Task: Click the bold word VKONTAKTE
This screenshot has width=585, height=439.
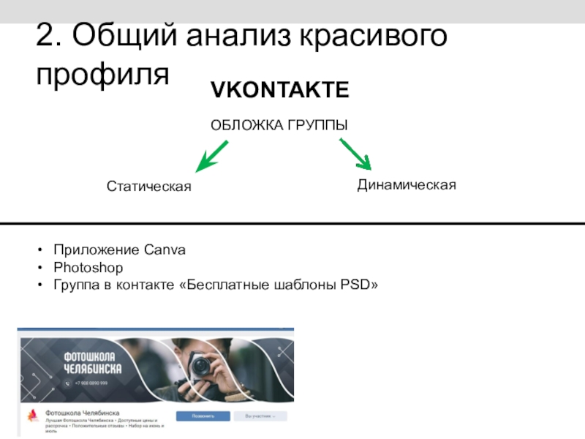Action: [280, 91]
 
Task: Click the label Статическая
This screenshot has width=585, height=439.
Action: [148, 187]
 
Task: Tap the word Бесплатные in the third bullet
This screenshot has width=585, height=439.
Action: [219, 285]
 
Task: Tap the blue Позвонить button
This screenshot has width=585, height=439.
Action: [203, 416]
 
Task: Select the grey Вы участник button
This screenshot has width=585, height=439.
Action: [265, 416]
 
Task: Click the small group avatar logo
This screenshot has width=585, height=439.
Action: [32, 416]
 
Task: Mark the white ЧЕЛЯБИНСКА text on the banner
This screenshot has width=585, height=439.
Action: [92, 367]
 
